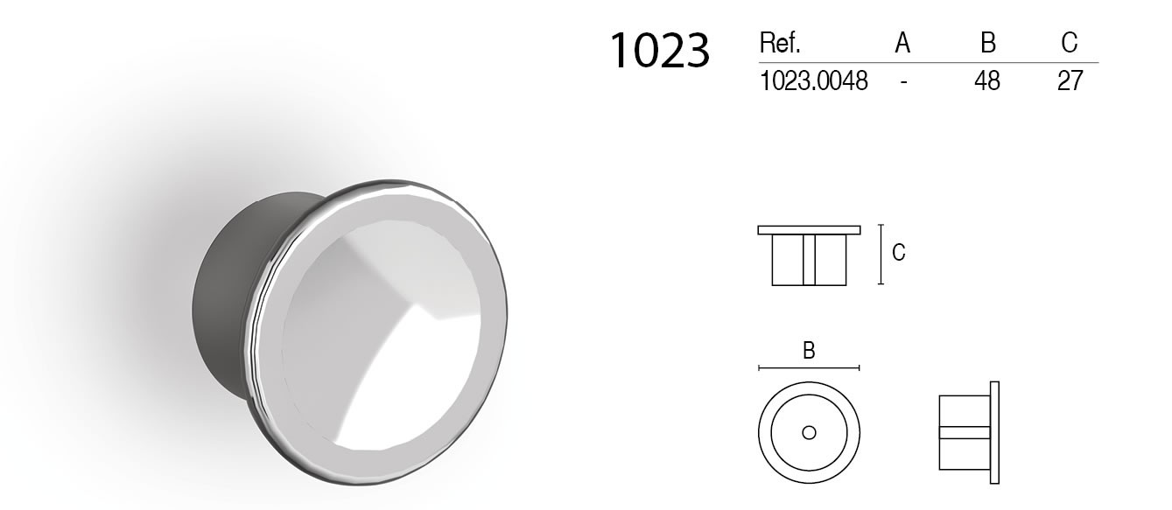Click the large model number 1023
658,51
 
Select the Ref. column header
780,43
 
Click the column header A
902,43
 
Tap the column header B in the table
986,43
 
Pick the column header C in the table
1069,43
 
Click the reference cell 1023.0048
814,81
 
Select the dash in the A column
902,81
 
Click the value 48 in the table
986,81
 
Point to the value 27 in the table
1070,81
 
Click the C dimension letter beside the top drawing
898,253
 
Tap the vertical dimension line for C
881,254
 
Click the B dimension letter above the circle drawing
809,352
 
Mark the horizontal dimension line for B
809,367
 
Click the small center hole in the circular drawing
809,432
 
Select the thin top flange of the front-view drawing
809,230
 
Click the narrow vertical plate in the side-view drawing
994,432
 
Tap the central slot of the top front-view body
809,260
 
